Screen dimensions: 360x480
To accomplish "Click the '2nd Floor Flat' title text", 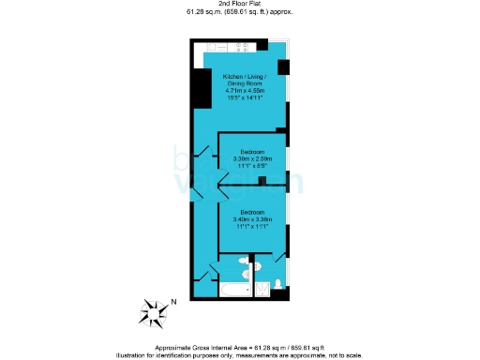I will coord(240,5).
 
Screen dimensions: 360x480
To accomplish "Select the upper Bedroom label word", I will coord(252,152).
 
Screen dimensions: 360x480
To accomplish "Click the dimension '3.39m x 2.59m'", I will coord(252,158).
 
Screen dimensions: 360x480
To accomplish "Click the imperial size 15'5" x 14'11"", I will coord(244,97).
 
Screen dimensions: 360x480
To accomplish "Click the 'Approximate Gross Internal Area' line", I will coord(240,346).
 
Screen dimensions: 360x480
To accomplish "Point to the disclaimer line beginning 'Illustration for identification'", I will coord(240,353).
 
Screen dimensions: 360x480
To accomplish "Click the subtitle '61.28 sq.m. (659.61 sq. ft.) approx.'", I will coord(240,12).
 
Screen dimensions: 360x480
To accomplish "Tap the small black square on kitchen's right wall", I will coord(283,67).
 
